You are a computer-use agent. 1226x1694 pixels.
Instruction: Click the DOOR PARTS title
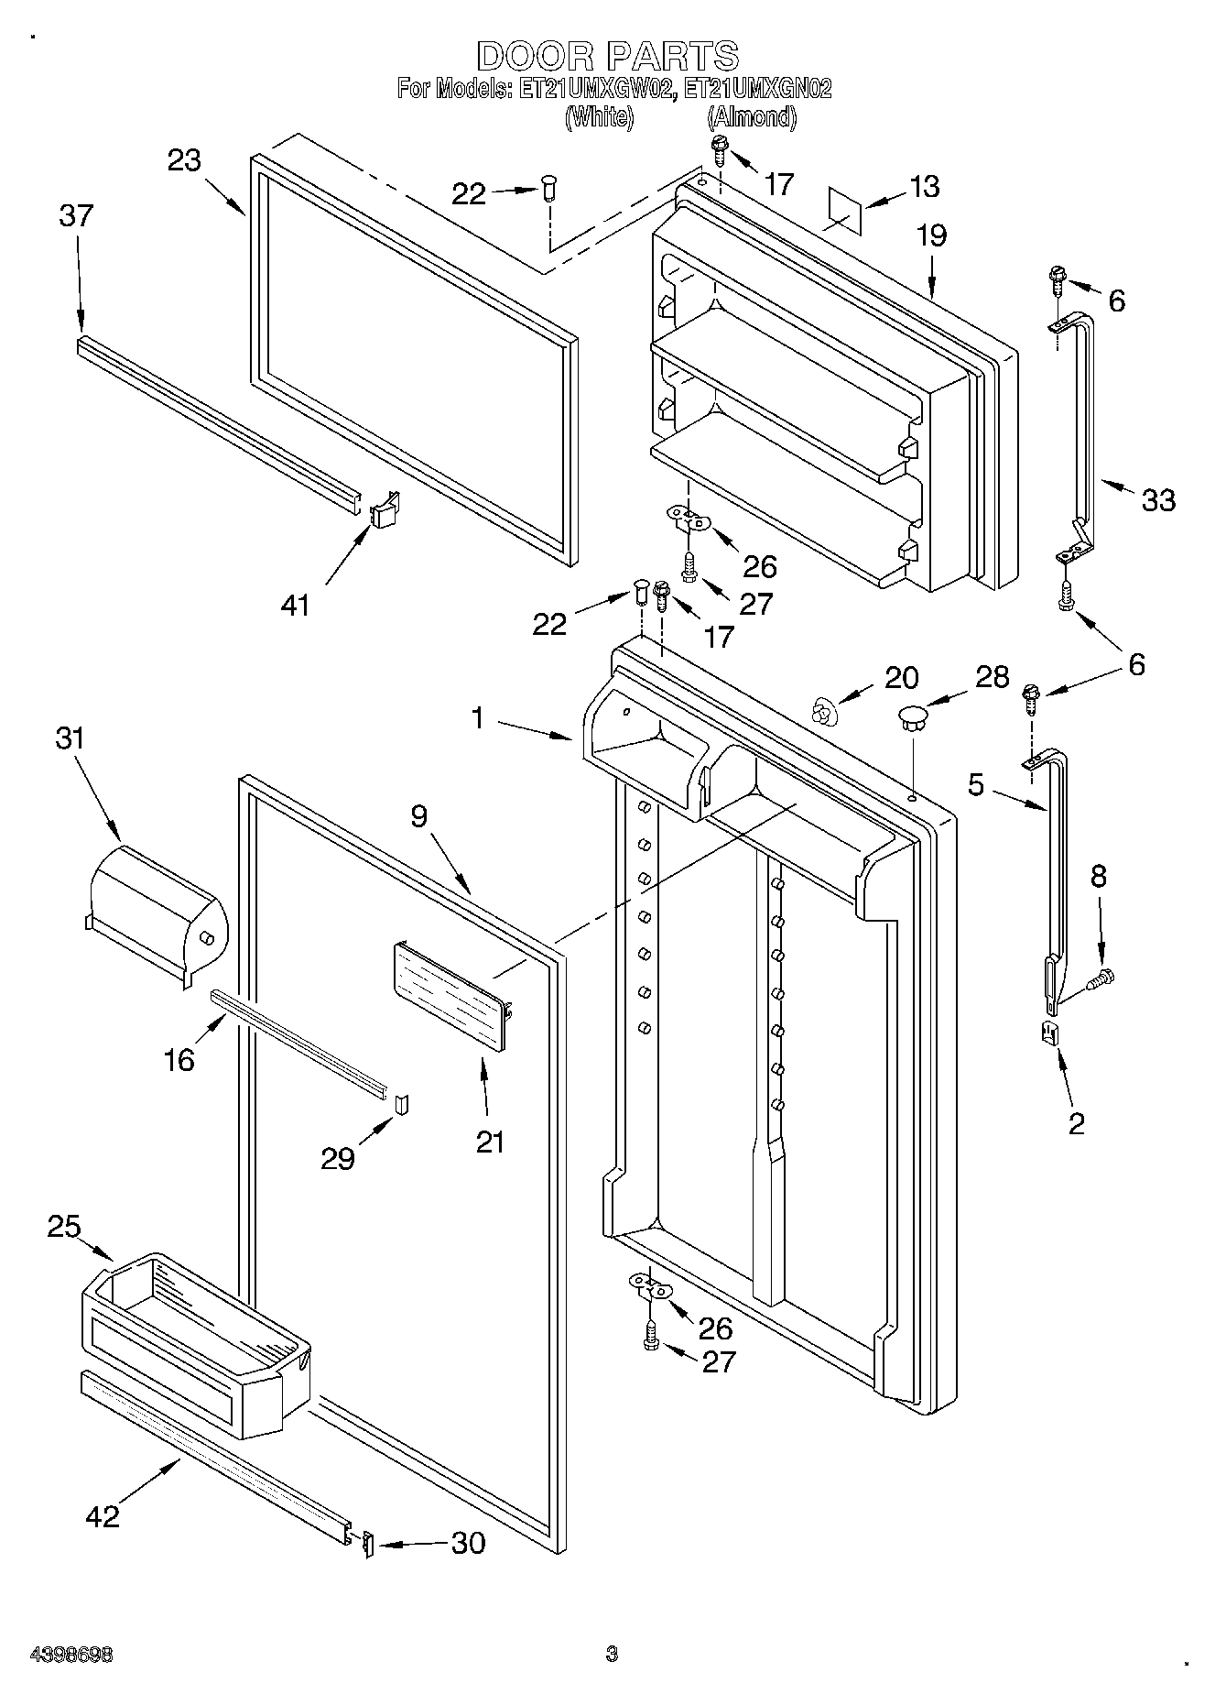(x=607, y=56)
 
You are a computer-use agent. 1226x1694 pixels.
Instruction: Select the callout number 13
(x=924, y=186)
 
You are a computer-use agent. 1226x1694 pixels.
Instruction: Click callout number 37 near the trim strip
(x=76, y=216)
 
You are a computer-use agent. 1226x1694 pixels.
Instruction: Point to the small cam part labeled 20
(x=825, y=710)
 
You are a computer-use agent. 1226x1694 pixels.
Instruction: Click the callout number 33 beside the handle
(x=1157, y=500)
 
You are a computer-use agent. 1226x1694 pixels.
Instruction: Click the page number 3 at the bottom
(x=612, y=1654)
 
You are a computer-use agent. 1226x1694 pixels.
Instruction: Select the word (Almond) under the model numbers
(x=750, y=117)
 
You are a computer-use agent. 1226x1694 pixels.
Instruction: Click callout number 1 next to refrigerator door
(x=477, y=717)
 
